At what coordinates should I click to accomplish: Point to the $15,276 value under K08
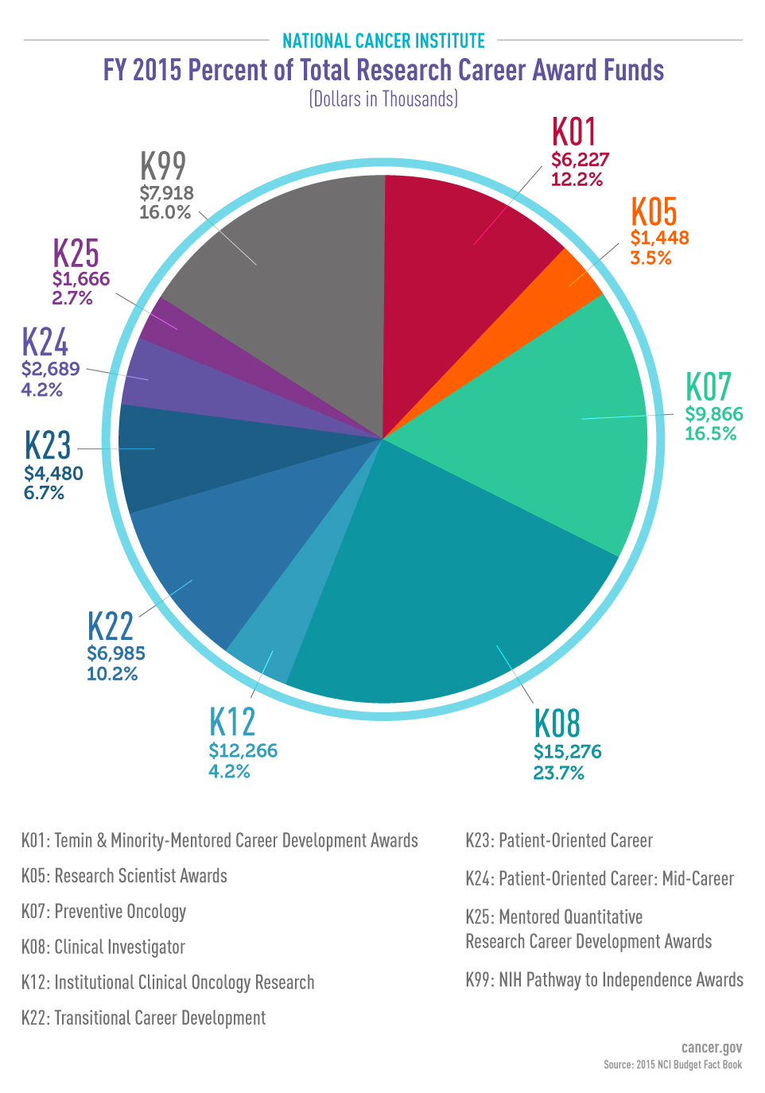coord(567,751)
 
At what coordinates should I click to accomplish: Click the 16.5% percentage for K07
coord(710,434)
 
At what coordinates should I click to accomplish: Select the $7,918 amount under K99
coord(166,193)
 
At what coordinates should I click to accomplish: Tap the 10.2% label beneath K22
coord(112,674)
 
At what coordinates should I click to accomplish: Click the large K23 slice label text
coord(48,446)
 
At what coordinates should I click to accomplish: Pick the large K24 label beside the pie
coord(45,343)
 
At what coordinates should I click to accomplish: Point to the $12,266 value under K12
coord(243,750)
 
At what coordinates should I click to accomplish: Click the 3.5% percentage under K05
coord(650,258)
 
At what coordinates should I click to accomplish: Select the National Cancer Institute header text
coord(383,41)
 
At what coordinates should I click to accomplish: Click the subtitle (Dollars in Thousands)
coord(383,99)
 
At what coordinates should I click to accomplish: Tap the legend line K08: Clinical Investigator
coord(103,947)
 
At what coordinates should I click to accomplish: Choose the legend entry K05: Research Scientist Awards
coord(124,876)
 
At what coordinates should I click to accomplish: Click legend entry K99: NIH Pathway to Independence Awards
coord(604,980)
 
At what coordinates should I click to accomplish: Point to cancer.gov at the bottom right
coord(711,1048)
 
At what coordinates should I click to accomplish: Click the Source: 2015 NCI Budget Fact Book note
coord(672,1064)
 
